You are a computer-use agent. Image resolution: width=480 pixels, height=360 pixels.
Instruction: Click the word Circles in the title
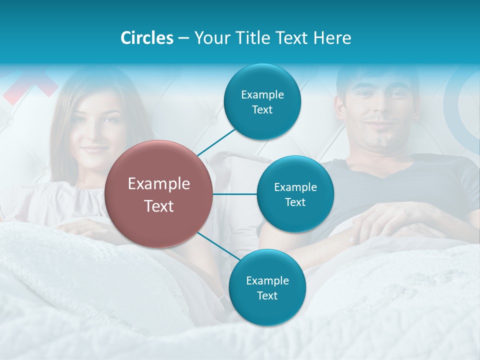tap(146, 38)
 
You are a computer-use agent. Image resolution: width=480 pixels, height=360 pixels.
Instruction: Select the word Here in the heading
tap(332, 38)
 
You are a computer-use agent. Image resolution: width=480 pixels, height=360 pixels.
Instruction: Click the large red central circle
tap(159, 194)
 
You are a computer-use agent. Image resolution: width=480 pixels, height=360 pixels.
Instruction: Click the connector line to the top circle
tap(216, 142)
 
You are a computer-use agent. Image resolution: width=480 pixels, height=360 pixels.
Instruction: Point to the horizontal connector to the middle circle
tap(235, 194)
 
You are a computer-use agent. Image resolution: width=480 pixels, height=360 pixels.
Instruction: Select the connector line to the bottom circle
tap(218, 246)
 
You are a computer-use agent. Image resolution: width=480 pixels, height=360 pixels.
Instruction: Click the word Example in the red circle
tap(159, 184)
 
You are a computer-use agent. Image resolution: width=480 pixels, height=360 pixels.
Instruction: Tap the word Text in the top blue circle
tap(262, 110)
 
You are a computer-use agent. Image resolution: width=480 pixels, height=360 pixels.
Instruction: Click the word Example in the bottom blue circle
tap(267, 280)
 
